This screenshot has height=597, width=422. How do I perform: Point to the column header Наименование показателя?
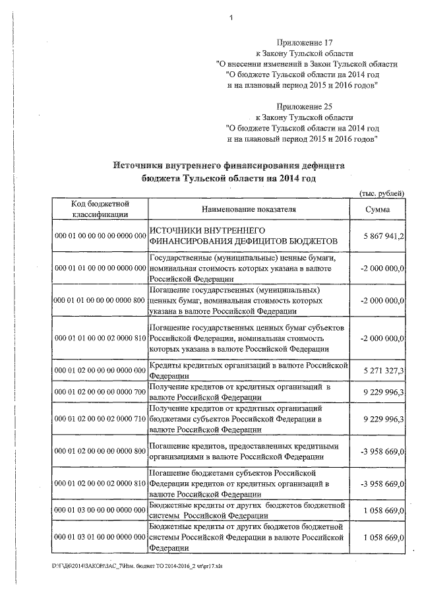pyautogui.click(x=248, y=209)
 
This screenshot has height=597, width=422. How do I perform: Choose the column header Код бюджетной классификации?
pyautogui.click(x=100, y=209)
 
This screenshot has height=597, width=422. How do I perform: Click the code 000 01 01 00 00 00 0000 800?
pyautogui.click(x=99, y=300)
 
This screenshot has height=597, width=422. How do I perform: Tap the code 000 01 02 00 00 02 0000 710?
pyautogui.click(x=99, y=418)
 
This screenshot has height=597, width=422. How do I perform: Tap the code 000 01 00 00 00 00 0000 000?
pyautogui.click(x=99, y=236)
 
